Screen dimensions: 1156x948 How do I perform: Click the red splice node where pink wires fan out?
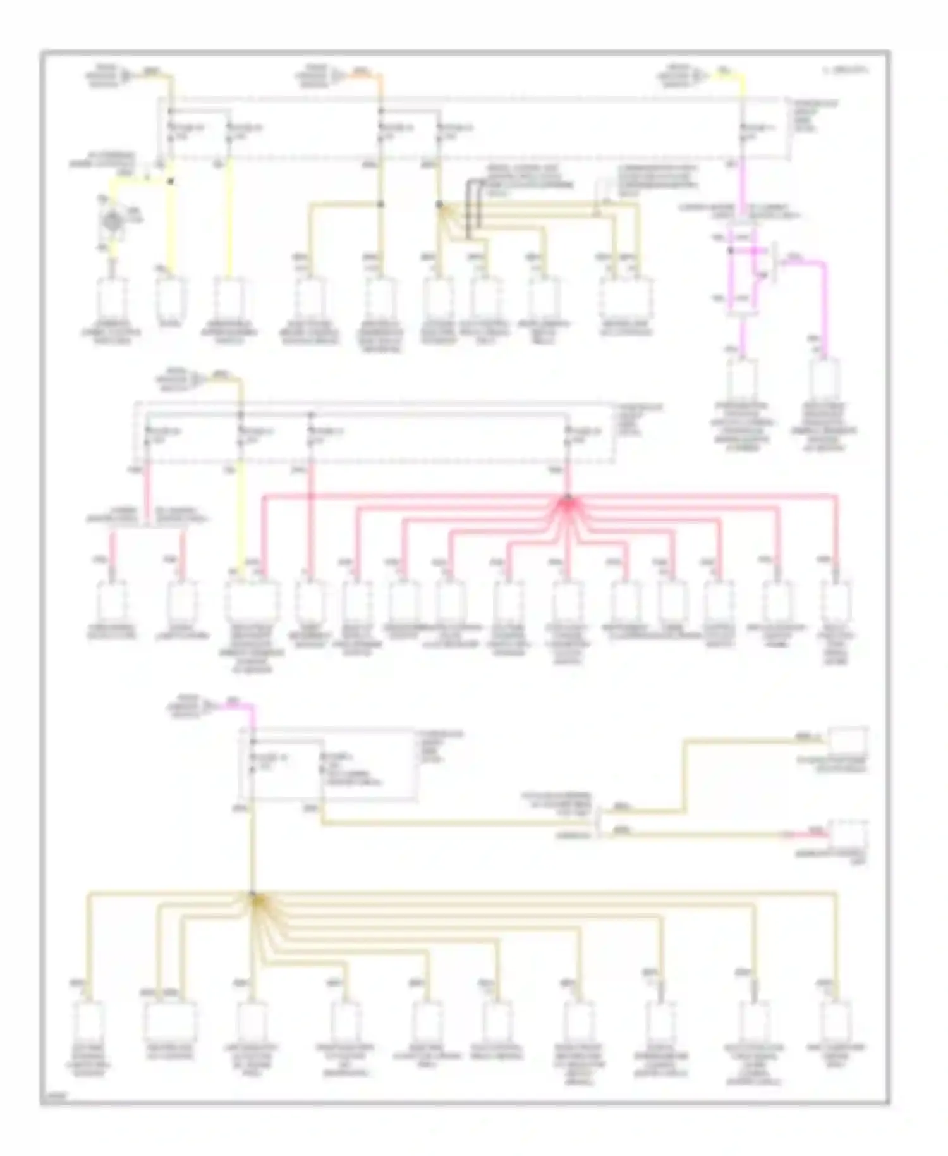[568, 500]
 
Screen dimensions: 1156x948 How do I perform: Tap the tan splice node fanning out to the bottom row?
[253, 895]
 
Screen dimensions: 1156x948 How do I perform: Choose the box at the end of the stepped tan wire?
[848, 741]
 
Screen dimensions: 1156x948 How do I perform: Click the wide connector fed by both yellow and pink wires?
[252, 600]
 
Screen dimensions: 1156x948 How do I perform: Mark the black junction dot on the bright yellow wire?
[170, 181]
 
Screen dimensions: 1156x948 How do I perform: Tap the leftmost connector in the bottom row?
[88, 1021]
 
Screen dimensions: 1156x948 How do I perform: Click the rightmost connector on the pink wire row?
[836, 600]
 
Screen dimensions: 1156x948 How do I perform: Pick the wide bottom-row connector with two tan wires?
[169, 1021]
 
